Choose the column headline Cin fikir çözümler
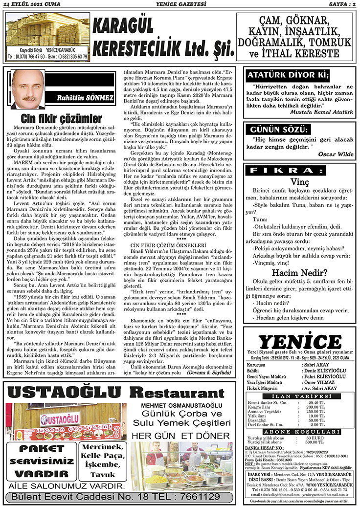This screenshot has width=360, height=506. tap(61, 119)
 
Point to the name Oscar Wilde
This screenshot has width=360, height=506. tap(335, 154)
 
